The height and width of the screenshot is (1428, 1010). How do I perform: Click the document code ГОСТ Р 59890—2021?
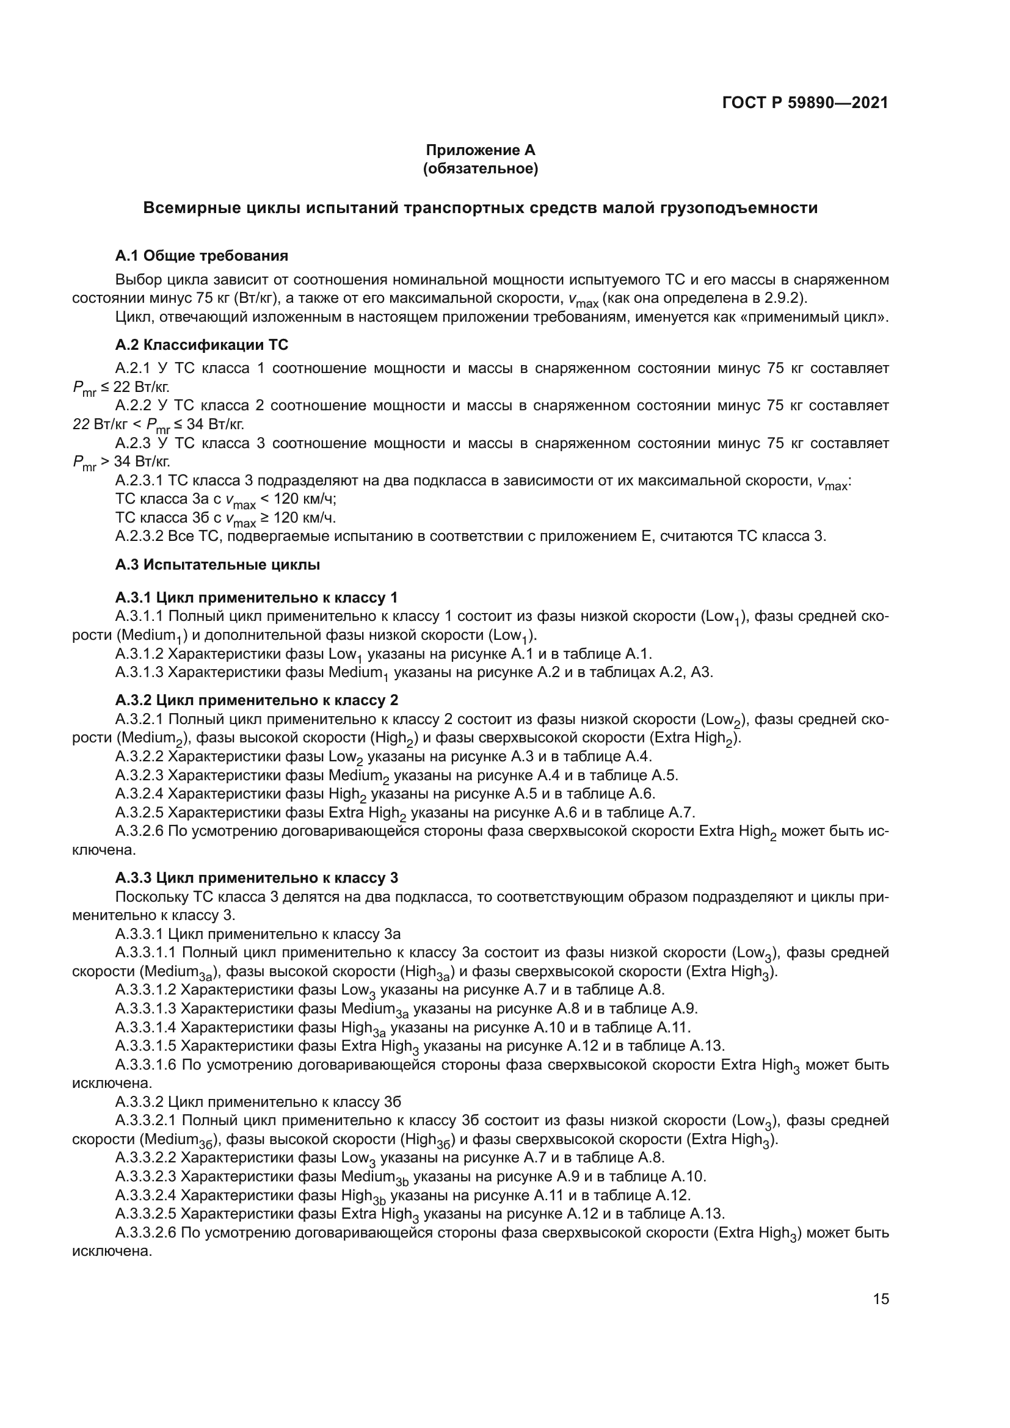[805, 103]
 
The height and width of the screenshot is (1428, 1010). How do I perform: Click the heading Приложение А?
[480, 150]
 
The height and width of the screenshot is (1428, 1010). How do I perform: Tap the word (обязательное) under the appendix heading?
[480, 169]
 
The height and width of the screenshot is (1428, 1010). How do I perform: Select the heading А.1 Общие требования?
[202, 256]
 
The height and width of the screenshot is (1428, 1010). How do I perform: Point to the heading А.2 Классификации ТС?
[202, 344]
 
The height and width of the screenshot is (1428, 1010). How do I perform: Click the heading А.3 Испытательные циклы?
[217, 565]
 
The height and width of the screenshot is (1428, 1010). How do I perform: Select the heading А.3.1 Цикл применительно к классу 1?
[256, 598]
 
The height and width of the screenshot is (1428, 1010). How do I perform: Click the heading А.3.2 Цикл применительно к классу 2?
[256, 700]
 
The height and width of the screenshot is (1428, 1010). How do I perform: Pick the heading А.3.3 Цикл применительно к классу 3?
[256, 877]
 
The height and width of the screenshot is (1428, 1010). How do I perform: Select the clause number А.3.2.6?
[139, 832]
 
